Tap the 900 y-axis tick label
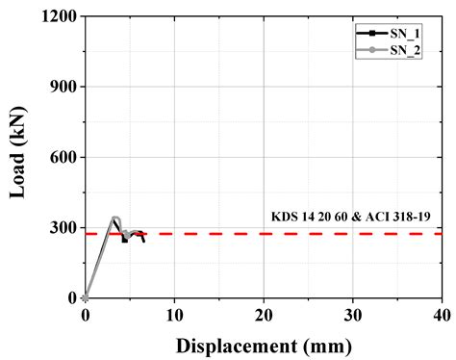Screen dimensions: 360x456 click(x=63, y=87)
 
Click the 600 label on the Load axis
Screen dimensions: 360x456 click(x=63, y=157)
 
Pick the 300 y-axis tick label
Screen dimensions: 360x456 click(x=63, y=227)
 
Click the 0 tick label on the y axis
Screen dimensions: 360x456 click(x=71, y=297)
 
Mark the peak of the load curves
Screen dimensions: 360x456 click(x=114, y=219)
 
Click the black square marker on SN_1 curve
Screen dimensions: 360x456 click(x=124, y=240)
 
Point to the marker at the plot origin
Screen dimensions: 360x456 click(x=86, y=297)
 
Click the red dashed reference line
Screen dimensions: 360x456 click(x=289, y=233)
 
